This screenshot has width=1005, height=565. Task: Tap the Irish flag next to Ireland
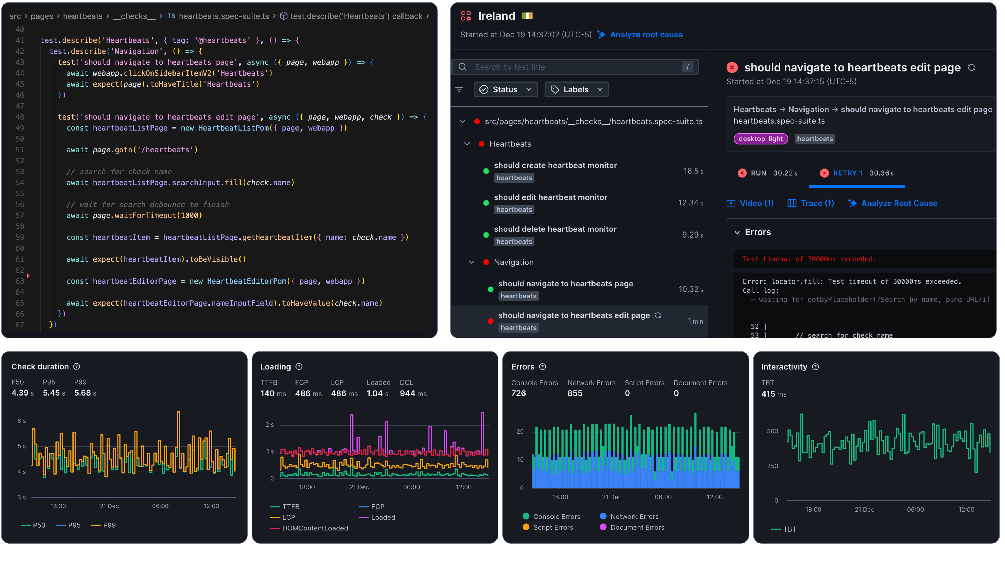pos(527,16)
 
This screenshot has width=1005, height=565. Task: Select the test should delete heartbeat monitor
pos(555,229)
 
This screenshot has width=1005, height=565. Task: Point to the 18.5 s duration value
pos(693,171)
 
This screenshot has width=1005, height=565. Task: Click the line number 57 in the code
pos(20,216)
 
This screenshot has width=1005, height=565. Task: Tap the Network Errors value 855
pos(575,393)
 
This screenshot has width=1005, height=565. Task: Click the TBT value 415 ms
pos(773,394)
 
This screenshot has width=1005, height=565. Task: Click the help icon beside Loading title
pos(299,366)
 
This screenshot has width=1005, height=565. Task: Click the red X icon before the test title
pos(732,67)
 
